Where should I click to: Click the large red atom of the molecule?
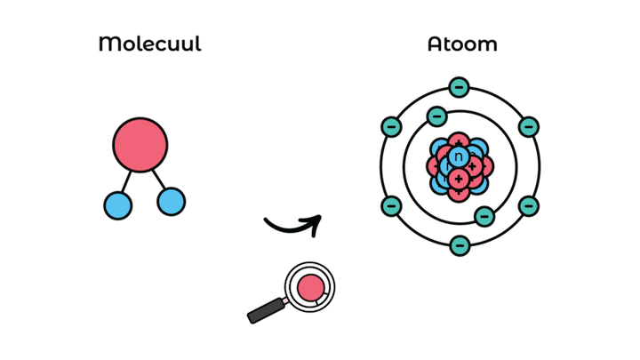(140, 145)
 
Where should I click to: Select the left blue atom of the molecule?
(117, 205)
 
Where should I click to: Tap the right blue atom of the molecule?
(171, 202)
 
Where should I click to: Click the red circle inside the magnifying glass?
(310, 287)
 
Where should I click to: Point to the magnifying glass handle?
(266, 309)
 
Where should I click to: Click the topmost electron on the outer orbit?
(459, 87)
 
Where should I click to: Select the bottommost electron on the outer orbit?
(459, 244)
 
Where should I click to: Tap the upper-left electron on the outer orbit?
(390, 127)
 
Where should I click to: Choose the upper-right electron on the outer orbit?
(528, 127)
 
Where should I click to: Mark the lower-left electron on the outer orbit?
(390, 206)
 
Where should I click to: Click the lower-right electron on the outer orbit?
(528, 206)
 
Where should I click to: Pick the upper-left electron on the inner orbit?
(436, 116)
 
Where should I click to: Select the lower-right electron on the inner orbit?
(484, 216)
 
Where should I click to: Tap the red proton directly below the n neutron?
(459, 179)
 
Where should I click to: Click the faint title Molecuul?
(150, 44)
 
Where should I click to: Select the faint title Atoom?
(461, 44)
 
